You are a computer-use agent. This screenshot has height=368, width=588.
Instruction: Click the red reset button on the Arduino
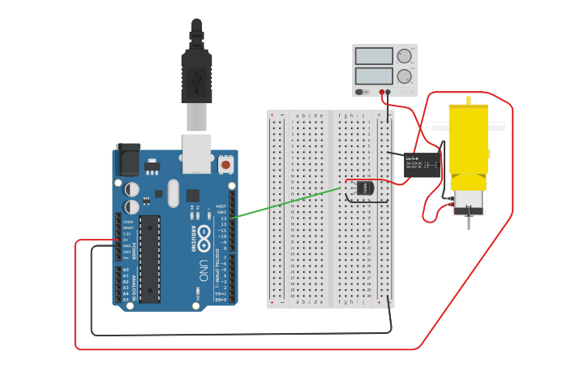[225, 166]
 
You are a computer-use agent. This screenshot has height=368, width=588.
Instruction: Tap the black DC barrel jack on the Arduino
[127, 160]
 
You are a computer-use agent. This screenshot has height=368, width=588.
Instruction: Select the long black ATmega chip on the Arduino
[149, 258]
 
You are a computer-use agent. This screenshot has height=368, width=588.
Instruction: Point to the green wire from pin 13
[284, 203]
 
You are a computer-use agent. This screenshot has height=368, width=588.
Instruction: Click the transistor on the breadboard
[363, 188]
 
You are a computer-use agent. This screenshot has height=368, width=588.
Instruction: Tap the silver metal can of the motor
[468, 200]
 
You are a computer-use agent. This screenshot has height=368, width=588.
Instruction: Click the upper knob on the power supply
[403, 56]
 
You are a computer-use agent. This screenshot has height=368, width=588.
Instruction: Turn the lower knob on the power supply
[403, 76]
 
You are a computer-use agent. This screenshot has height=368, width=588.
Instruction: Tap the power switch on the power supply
[359, 92]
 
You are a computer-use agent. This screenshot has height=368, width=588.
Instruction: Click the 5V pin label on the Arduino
[126, 240]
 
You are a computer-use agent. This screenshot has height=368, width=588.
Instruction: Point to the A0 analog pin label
[126, 269]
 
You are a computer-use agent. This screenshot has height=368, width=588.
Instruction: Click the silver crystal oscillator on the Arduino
[173, 193]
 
